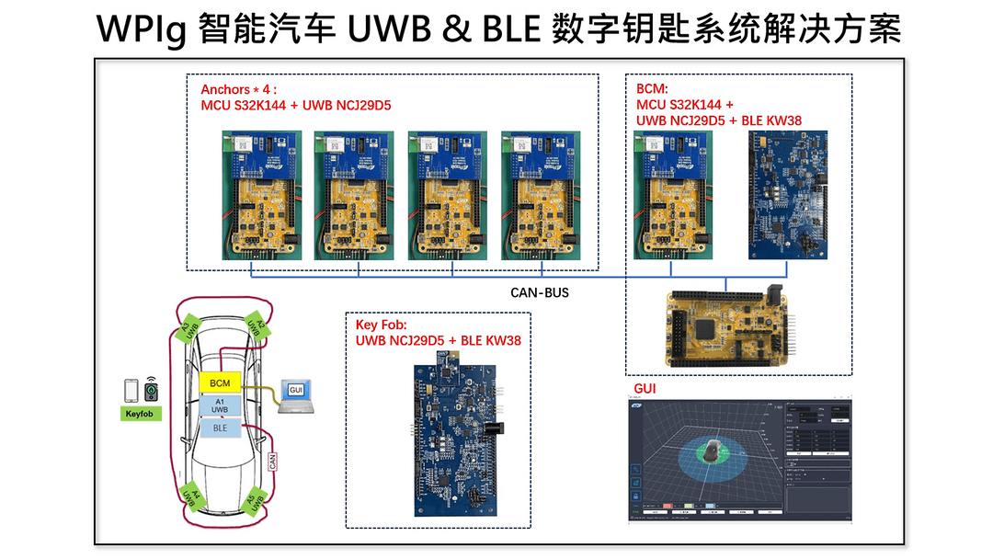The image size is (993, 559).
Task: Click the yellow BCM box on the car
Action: [x=219, y=382]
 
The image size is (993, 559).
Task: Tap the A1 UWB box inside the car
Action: [x=219, y=405]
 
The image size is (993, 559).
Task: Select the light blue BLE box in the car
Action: [x=219, y=428]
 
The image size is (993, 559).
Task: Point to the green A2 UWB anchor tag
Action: [x=257, y=330]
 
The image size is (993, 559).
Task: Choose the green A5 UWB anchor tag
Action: [x=254, y=498]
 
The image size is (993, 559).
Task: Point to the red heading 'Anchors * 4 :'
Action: [x=238, y=90]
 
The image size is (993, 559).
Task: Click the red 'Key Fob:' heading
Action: [x=381, y=325]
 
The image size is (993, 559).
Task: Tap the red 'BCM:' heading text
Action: [x=653, y=90]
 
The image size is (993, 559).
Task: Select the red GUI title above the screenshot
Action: [x=645, y=389]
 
